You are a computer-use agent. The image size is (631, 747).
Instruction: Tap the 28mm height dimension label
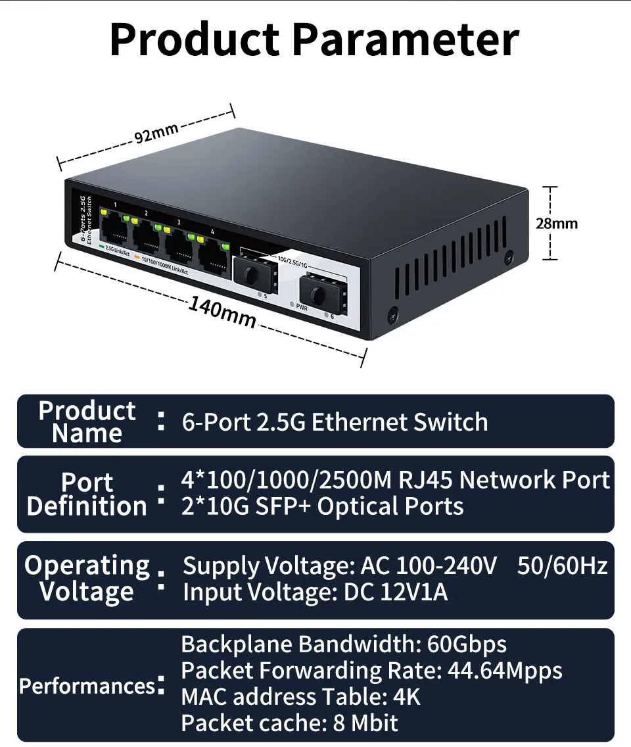click(556, 223)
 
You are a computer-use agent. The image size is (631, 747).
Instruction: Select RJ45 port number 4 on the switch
click(212, 257)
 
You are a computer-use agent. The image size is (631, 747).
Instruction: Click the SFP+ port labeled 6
click(320, 289)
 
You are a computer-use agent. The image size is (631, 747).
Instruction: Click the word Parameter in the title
click(406, 39)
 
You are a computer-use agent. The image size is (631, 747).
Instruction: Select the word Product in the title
click(195, 39)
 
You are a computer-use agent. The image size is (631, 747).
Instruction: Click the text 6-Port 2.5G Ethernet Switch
click(335, 422)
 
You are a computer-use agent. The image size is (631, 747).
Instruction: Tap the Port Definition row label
click(87, 494)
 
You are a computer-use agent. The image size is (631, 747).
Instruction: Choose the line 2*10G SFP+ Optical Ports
click(322, 506)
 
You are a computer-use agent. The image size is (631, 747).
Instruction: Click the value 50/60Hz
click(562, 566)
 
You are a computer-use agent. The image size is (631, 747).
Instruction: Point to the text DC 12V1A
click(396, 592)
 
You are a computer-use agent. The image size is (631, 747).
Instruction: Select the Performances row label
click(87, 686)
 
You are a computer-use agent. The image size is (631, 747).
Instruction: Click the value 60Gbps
click(467, 644)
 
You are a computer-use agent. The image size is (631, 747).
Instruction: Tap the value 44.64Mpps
click(505, 671)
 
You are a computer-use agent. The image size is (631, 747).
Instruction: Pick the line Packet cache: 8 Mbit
click(289, 723)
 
